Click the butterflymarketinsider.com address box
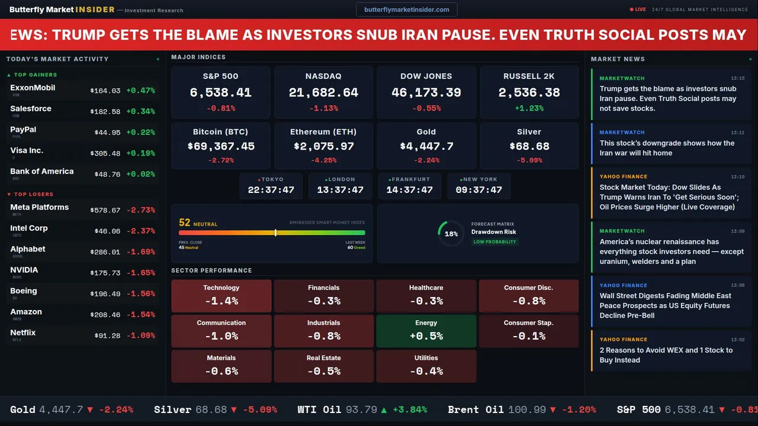coord(406,9)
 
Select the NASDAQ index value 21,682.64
coord(323,93)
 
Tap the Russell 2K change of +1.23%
coord(529,108)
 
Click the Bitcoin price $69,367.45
coord(221,146)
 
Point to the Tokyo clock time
coord(271,190)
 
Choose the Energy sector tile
coord(426,331)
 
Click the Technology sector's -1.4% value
coord(221,301)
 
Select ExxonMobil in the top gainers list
coord(33,88)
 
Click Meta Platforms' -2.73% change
coord(141,210)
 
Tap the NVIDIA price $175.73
coord(105,273)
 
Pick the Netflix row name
coord(23,333)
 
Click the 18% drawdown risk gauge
coord(451,234)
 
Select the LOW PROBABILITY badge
coord(494,242)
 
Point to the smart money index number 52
coord(184,222)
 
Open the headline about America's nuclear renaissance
coord(672,251)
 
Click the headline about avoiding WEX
coord(666,355)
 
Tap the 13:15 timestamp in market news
coord(737,78)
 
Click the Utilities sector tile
coord(426,366)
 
